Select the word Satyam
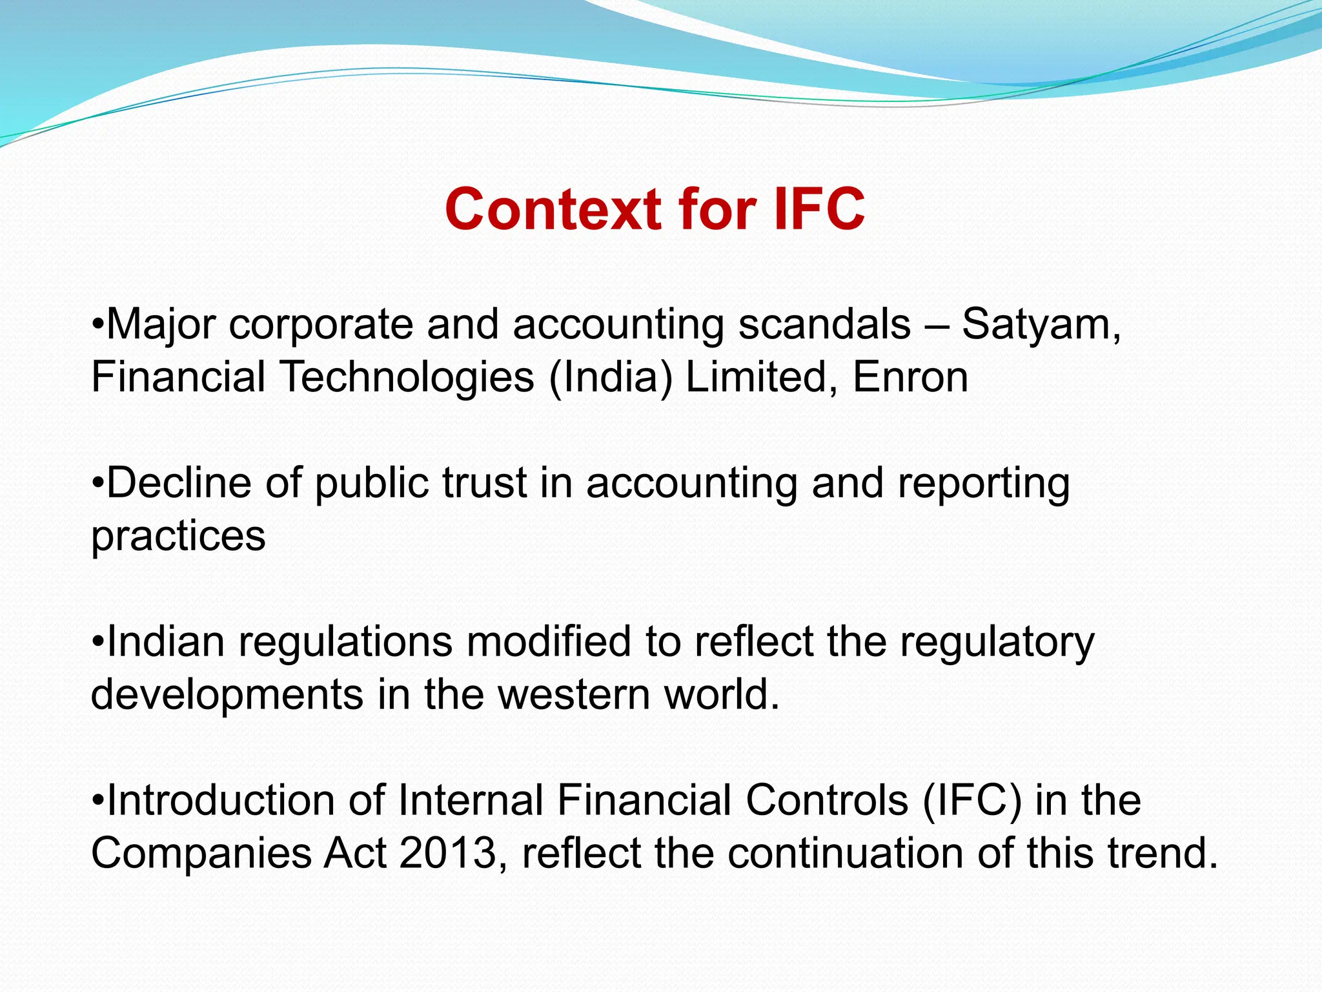click(1040, 324)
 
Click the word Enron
click(910, 377)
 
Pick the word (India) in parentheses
click(610, 377)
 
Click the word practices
click(178, 536)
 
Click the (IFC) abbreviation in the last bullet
click(971, 801)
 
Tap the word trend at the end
click(1162, 854)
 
